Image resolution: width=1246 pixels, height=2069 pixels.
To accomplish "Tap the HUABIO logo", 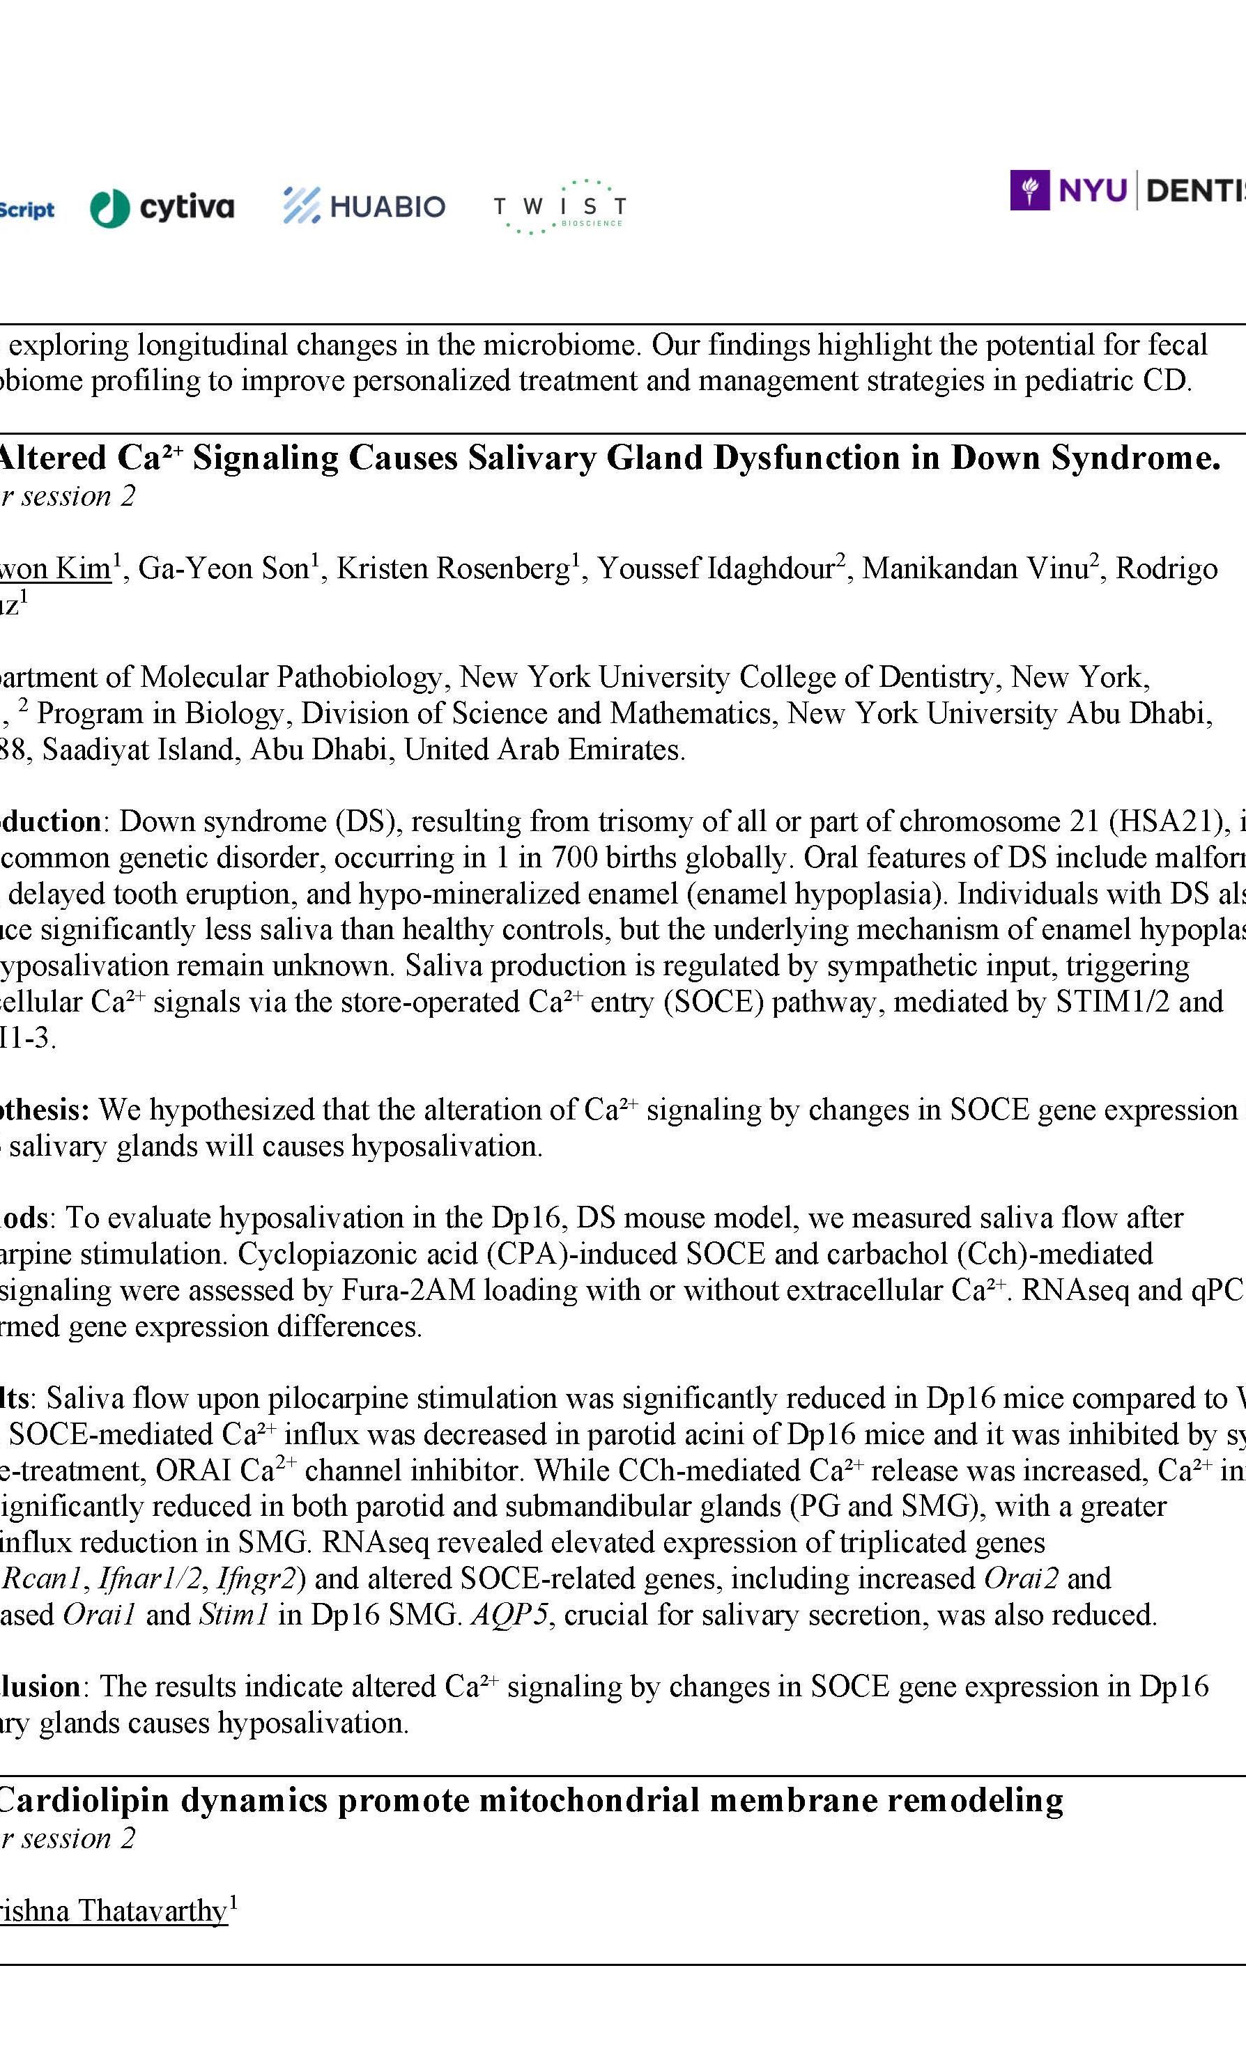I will pos(364,206).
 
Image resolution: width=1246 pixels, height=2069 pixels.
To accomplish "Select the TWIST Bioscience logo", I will pos(559,206).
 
